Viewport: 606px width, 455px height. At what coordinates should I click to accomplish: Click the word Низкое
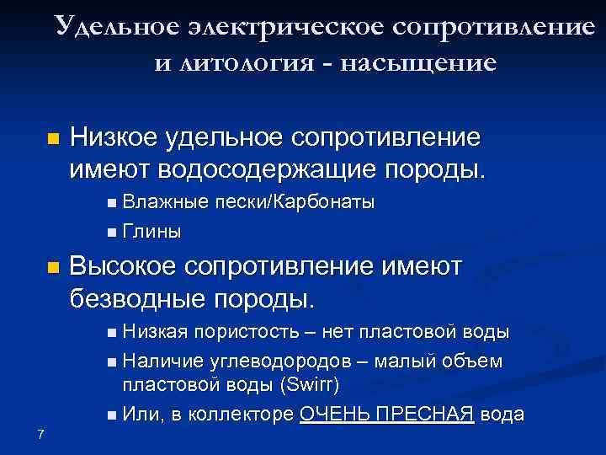click(x=118, y=136)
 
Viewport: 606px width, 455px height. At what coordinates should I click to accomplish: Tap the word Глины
click(x=151, y=230)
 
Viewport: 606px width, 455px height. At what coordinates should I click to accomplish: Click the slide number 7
click(x=40, y=434)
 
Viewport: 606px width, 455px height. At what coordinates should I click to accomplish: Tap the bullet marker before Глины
click(x=112, y=231)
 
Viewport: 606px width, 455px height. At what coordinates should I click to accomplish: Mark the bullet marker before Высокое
click(x=53, y=269)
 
